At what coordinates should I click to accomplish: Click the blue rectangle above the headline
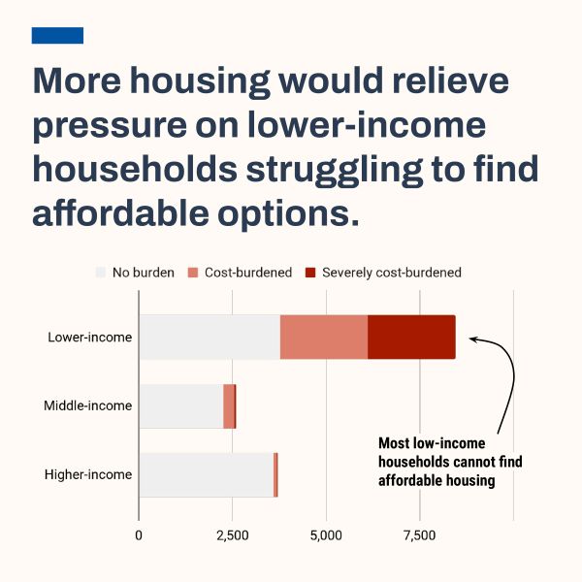click(x=57, y=35)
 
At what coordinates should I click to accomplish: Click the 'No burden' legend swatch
click(x=100, y=273)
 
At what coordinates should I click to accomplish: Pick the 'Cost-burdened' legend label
click(x=248, y=273)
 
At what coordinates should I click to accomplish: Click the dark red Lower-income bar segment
click(x=411, y=337)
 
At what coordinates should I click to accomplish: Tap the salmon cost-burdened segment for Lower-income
click(x=324, y=337)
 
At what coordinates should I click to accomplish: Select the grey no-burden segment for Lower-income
click(x=210, y=337)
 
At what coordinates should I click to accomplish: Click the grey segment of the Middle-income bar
click(x=180, y=405)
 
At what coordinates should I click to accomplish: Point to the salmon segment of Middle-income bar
click(x=229, y=405)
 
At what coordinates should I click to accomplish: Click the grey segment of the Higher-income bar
click(x=206, y=474)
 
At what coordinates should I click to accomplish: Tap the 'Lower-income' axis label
click(x=90, y=338)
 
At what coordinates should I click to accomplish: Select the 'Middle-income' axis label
click(x=87, y=405)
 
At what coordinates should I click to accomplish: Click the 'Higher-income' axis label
click(x=88, y=475)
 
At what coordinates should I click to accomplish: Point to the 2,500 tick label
click(x=233, y=535)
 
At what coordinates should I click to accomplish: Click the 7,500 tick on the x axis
click(x=420, y=535)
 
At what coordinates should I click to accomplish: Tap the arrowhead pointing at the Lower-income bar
click(x=473, y=339)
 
